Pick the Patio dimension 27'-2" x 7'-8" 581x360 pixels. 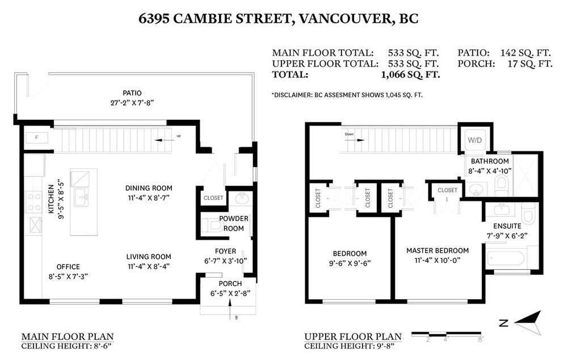tap(131, 103)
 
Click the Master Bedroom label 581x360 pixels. tap(437, 250)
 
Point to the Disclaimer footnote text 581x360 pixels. tap(347, 95)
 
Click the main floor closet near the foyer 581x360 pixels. tap(213, 198)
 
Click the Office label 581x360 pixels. tap(68, 266)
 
